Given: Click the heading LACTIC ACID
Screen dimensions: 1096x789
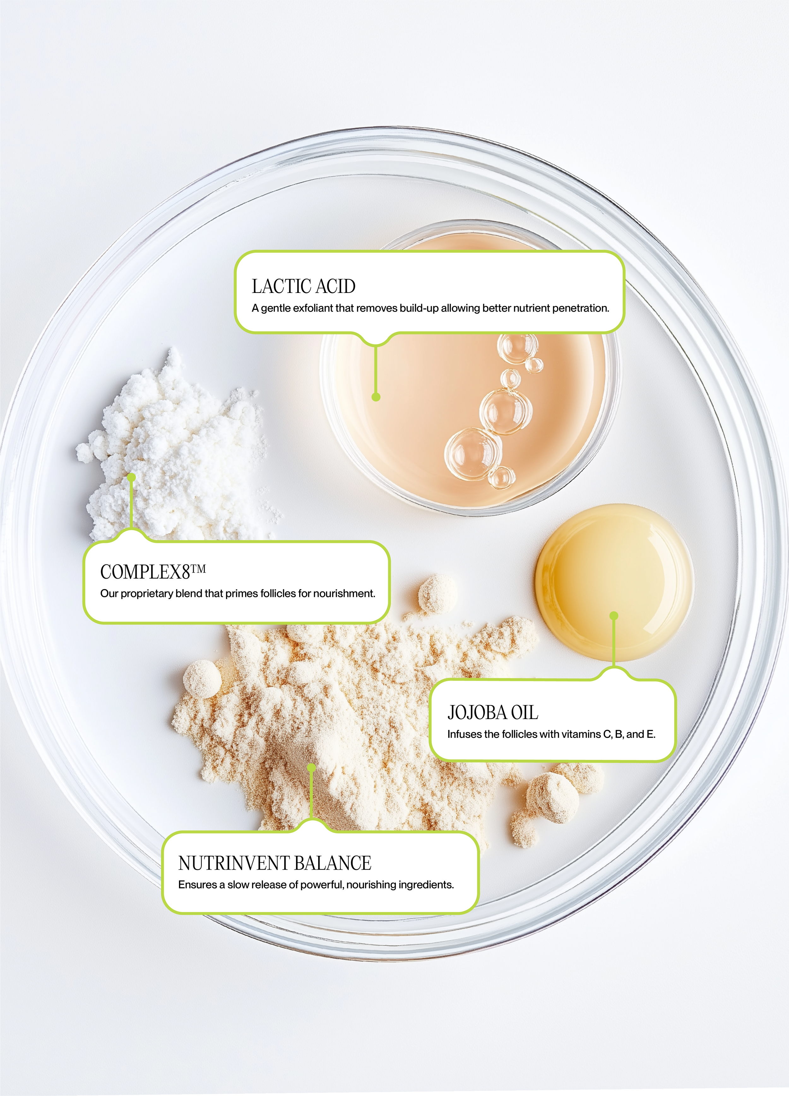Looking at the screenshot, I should tap(303, 287).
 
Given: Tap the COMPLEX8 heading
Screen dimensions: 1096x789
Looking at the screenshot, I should tap(145, 572).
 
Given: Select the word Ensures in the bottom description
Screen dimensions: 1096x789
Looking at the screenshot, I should tap(197, 885).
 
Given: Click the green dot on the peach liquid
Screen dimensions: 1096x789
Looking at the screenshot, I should tap(376, 397).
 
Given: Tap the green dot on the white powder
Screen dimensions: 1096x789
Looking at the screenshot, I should tap(131, 477).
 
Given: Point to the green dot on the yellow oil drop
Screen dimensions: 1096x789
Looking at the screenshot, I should tap(614, 616).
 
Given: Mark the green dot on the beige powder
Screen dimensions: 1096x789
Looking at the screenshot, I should tap(311, 767).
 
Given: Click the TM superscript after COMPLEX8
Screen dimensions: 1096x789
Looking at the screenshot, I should tap(198, 569).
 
